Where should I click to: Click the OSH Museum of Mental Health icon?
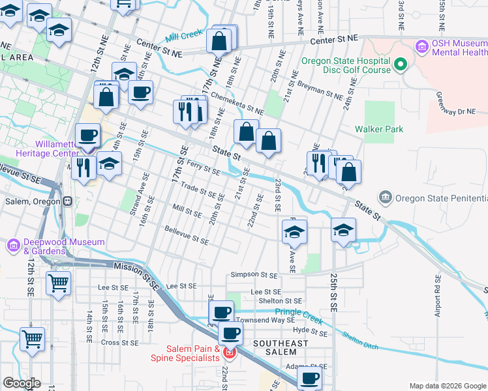tap(420, 48)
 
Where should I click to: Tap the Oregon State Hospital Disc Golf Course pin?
tap(401, 65)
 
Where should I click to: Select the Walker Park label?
tap(379, 129)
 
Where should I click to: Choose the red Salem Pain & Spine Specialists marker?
tap(228, 353)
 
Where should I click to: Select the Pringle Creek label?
tap(303, 313)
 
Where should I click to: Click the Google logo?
tap(22, 383)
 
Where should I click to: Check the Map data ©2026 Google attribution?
tap(447, 385)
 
